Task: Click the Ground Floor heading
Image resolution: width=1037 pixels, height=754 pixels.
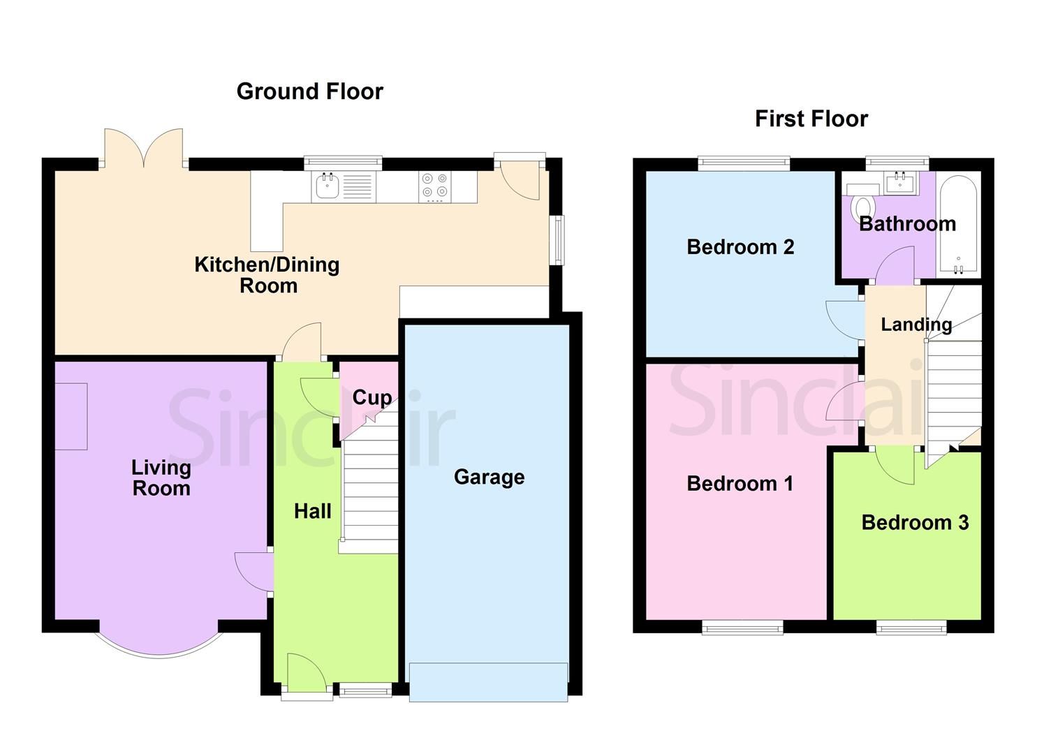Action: pos(309,91)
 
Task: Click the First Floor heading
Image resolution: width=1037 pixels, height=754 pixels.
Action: pos(811,119)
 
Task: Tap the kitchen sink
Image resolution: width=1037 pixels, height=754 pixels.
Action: pos(327,186)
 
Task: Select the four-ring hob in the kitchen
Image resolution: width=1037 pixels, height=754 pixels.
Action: pos(434,186)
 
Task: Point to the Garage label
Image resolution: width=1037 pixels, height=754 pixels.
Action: pos(489,477)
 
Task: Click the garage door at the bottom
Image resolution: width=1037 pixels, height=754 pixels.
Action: pos(488,681)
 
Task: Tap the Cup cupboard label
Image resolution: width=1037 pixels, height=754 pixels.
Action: pos(372,397)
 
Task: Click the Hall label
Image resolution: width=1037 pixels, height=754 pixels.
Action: pos(312,511)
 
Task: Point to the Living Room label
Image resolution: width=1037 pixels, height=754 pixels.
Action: pos(161,478)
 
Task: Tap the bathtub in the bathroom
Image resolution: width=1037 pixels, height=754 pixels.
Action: pos(958,225)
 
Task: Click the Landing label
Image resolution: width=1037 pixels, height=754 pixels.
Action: pos(915,325)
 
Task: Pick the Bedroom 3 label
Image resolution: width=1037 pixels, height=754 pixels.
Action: pos(914,522)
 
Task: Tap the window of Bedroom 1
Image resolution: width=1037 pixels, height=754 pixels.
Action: pos(742,628)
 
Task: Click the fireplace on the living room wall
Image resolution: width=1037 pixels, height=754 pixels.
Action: pos(71,416)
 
